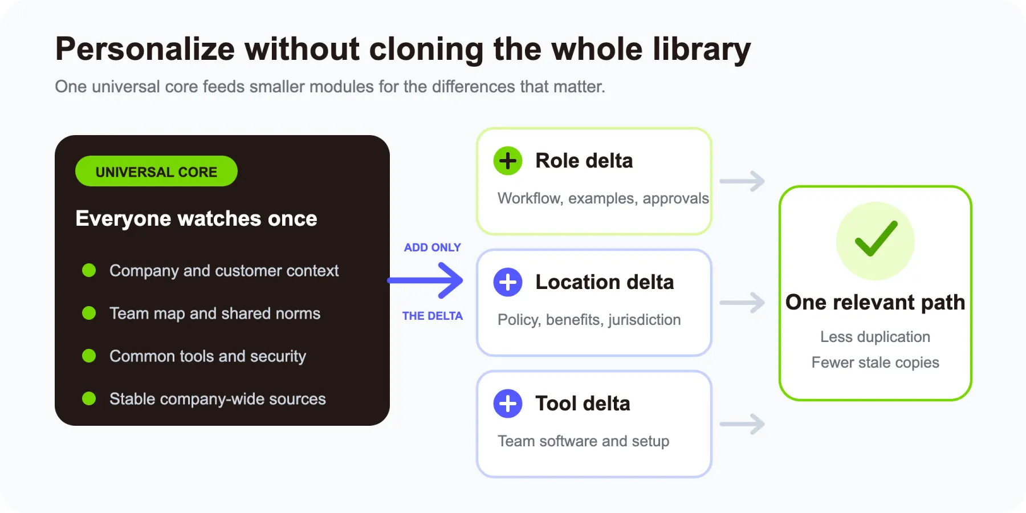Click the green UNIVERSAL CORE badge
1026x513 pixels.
(156, 171)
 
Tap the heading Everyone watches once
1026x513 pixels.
(196, 218)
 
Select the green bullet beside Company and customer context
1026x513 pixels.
(89, 270)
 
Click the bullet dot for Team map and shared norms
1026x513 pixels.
(89, 313)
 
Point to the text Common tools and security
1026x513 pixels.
(207, 356)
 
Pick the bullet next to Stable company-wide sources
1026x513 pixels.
(89, 398)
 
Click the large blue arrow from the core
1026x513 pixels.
(425, 280)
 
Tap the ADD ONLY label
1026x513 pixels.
(433, 247)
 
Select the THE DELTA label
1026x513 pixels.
(433, 316)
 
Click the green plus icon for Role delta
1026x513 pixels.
(508, 161)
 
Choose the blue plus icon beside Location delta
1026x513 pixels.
(508, 282)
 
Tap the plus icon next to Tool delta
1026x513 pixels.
(508, 404)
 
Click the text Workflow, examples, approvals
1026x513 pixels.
(603, 198)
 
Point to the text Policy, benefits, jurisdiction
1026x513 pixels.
(589, 320)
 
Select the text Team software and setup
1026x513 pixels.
(584, 441)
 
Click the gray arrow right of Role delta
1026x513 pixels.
(742, 181)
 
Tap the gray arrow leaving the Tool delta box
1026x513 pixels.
(742, 424)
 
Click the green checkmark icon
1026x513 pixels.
(876, 239)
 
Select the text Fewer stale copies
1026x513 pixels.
(876, 363)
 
